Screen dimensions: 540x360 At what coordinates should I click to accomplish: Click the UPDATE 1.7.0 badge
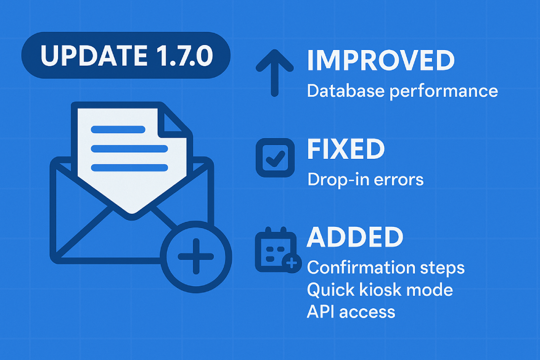click(x=126, y=55)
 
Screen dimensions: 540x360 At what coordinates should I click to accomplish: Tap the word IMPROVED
click(x=381, y=60)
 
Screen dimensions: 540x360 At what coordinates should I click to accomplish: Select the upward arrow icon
click(x=274, y=73)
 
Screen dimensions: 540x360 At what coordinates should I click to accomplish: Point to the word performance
click(x=444, y=92)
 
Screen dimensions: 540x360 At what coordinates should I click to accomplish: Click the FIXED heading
click(x=346, y=149)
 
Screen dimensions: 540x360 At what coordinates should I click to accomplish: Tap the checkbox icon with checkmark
click(x=275, y=157)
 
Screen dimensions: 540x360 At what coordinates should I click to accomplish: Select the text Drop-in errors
click(x=365, y=180)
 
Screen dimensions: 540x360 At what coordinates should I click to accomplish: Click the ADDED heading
click(x=355, y=237)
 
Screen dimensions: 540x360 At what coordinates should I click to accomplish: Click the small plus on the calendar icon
click(x=292, y=263)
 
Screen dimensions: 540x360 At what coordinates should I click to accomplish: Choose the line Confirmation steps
click(x=386, y=268)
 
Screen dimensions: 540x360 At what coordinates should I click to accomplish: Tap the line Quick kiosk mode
click(x=380, y=290)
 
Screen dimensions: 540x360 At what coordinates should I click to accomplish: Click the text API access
click(x=351, y=311)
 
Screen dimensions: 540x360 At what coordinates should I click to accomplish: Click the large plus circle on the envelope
click(x=196, y=256)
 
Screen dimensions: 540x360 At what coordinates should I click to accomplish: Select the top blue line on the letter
click(x=118, y=130)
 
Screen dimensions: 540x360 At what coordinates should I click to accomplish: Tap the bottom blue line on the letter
click(x=129, y=167)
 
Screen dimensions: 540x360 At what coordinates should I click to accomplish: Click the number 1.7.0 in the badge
click(x=184, y=55)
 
